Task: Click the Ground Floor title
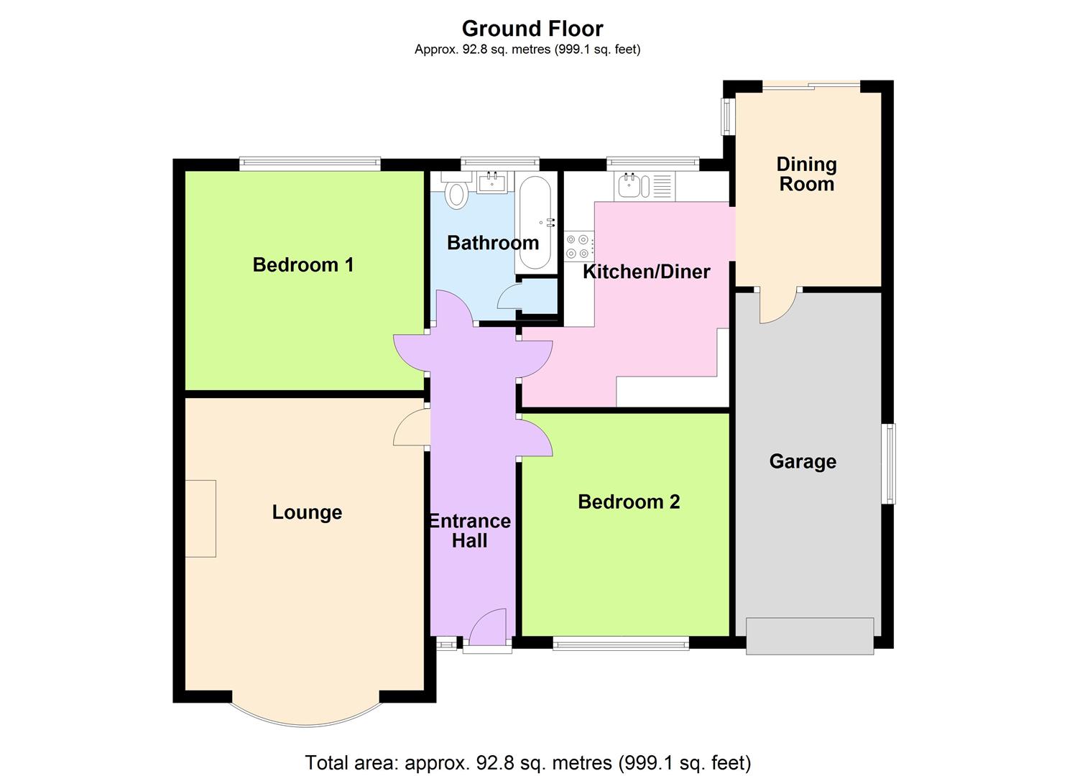coord(532,29)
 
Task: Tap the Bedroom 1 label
coord(303,265)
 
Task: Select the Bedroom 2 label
coord(629,502)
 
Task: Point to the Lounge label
coord(307,512)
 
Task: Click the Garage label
coord(803,461)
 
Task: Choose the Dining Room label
coord(806,175)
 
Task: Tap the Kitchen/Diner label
coord(646,272)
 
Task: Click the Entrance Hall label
coord(470,531)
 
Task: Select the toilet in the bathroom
coord(456,193)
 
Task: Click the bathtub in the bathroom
coord(535,222)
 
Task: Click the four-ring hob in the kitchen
coord(579,246)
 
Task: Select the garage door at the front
coord(810,636)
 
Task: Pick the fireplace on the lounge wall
coord(200,518)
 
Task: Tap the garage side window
coord(890,463)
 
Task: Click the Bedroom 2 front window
coord(621,644)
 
